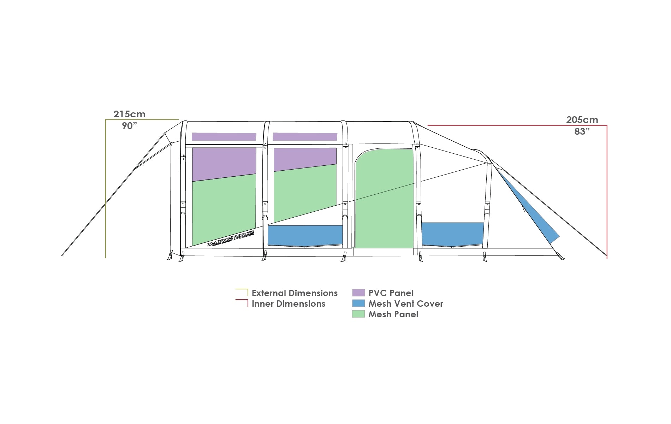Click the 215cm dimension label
tap(129, 114)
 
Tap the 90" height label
tap(129, 126)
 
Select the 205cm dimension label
tap(582, 120)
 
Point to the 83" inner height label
tap(582, 131)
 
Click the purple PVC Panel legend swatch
tap(358, 293)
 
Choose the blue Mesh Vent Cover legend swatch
tap(358, 304)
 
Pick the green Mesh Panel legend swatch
tap(358, 314)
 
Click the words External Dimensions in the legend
tap(295, 293)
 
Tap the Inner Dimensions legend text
tap(288, 304)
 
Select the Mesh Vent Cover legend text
tap(405, 304)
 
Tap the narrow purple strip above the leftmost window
tap(224, 137)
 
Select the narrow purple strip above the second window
tap(305, 137)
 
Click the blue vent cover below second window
tap(305, 235)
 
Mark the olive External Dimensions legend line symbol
tap(242, 292)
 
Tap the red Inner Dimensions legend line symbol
tap(242, 302)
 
